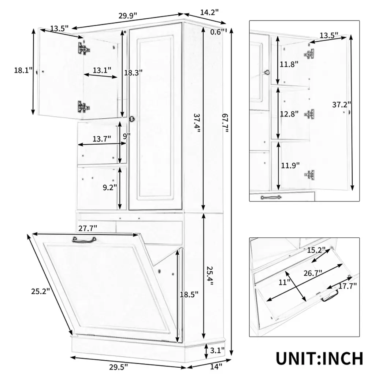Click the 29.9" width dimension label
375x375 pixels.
[128, 15]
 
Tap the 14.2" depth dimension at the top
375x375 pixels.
[209, 12]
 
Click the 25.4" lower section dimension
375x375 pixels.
[209, 276]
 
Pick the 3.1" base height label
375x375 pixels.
[217, 350]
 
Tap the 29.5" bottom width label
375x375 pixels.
[119, 367]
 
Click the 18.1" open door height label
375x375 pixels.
[23, 70]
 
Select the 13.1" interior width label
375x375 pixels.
[102, 70]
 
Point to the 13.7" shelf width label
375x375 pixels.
[102, 139]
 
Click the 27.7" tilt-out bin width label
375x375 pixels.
[88, 228]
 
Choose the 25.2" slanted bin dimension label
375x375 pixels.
[40, 291]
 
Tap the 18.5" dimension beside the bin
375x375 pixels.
[189, 294]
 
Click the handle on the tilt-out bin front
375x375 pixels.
[84, 239]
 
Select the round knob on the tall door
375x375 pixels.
[132, 119]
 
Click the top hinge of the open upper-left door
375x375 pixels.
[84, 49]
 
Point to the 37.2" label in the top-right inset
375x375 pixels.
[342, 104]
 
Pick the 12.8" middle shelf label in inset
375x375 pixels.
[289, 114]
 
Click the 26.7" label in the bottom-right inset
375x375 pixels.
[313, 273]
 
